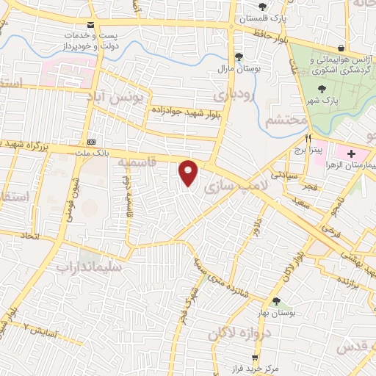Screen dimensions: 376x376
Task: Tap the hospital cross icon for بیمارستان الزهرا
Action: pyautogui.click(x=351, y=154)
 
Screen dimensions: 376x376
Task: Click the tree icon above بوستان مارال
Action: pyautogui.click(x=239, y=57)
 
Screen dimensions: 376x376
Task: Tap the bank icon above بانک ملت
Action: pyautogui.click(x=91, y=142)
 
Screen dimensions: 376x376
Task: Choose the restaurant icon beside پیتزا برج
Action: pyautogui.click(x=310, y=138)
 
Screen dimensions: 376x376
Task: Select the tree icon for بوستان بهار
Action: pyautogui.click(x=275, y=302)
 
